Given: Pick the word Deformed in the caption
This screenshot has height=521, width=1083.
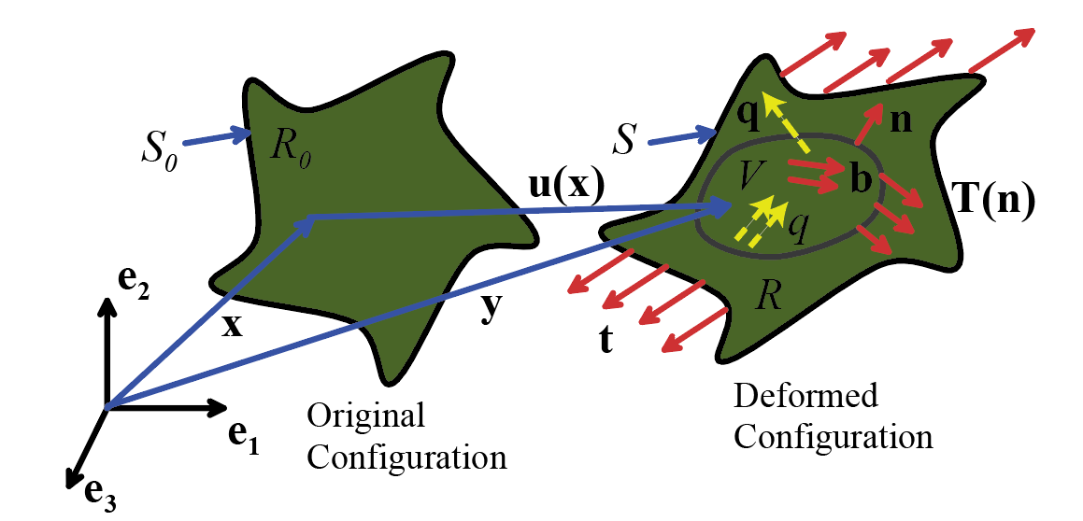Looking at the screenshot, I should (805, 396).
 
